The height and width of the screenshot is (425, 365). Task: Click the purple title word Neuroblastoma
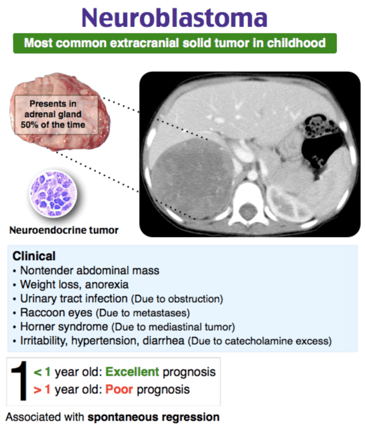(x=175, y=17)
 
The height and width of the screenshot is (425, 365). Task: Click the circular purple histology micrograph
(x=53, y=194)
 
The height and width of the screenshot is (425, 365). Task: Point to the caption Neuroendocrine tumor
(x=64, y=230)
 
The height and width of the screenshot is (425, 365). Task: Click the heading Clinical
(x=34, y=256)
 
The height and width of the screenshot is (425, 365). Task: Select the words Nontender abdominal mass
(x=90, y=270)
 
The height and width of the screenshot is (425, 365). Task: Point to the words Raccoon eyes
(x=56, y=313)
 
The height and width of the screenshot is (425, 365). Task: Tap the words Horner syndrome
(x=64, y=326)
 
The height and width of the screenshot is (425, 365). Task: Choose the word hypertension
(x=105, y=341)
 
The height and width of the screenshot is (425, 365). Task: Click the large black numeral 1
(x=19, y=381)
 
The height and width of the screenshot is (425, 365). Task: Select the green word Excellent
(x=132, y=372)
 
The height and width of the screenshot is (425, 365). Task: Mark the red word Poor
(x=119, y=390)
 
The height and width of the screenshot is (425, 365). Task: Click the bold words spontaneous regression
(x=154, y=417)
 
